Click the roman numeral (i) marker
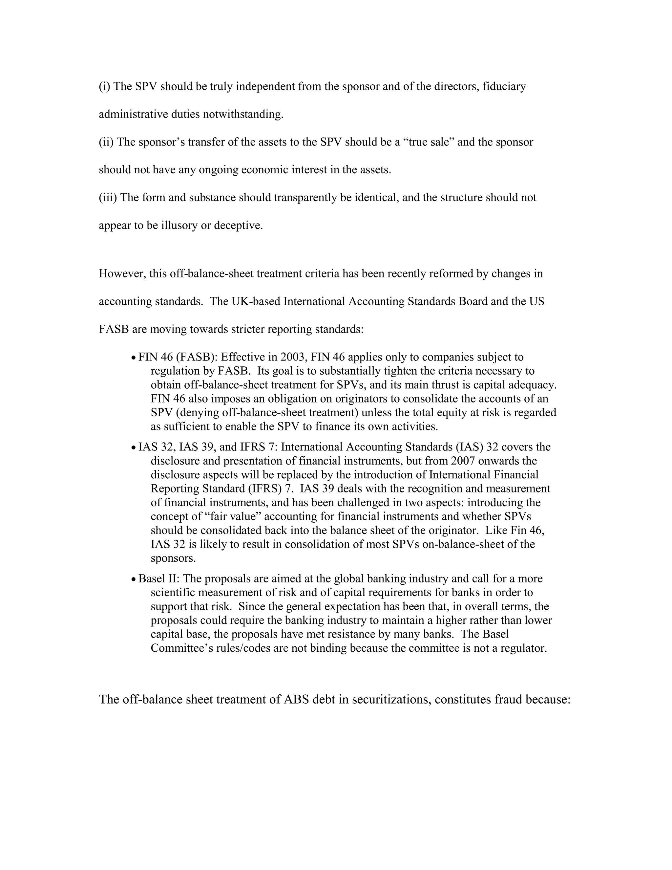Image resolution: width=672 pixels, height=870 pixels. pos(104,86)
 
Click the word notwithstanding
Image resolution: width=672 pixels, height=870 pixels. pos(243,114)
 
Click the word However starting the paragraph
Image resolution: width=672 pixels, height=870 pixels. pos(122,274)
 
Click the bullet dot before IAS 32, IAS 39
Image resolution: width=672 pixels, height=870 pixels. pos(134,448)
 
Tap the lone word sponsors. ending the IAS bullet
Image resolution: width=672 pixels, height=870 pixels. pos(173,558)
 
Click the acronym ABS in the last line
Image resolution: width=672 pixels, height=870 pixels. pos(296,700)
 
